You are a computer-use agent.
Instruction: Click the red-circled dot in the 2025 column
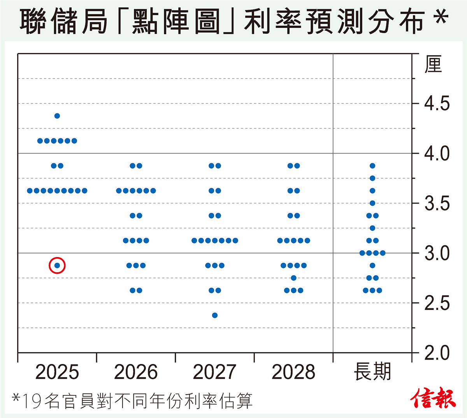click(x=57, y=266)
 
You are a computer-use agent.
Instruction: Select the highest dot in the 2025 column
click(x=57, y=116)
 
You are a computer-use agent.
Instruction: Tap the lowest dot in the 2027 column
click(x=215, y=315)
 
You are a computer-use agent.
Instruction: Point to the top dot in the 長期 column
click(x=372, y=166)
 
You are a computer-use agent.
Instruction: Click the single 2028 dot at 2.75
click(x=294, y=278)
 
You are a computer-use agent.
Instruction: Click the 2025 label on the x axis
click(x=57, y=372)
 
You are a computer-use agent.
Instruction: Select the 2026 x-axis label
click(x=136, y=372)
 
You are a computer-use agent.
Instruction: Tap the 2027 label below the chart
click(x=215, y=372)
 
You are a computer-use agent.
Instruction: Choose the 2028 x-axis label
click(x=293, y=372)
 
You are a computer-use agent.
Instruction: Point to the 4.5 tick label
click(x=437, y=104)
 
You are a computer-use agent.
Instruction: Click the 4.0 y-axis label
click(x=437, y=154)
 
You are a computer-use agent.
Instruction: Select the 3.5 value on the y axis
click(x=437, y=203)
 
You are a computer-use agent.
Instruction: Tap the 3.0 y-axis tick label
click(x=437, y=253)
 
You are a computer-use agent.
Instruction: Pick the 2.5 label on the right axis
click(x=437, y=303)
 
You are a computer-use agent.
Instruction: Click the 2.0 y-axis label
click(x=437, y=353)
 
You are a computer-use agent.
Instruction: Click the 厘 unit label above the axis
click(x=434, y=65)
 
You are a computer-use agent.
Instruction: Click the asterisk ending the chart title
click(x=441, y=17)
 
